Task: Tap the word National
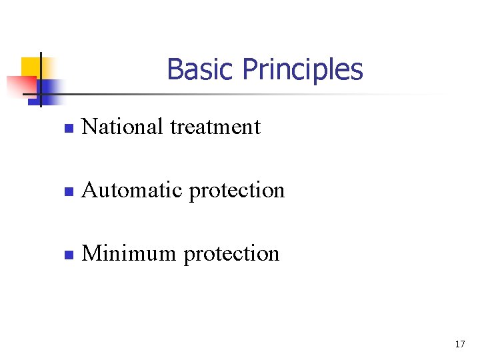(122, 126)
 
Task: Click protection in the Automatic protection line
(237, 191)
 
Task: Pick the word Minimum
(129, 253)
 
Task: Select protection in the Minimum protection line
(231, 255)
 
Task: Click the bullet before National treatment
(67, 128)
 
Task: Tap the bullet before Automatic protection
(67, 192)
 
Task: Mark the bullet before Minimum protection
(67, 255)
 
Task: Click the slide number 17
(459, 344)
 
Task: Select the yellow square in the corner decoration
(31, 66)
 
